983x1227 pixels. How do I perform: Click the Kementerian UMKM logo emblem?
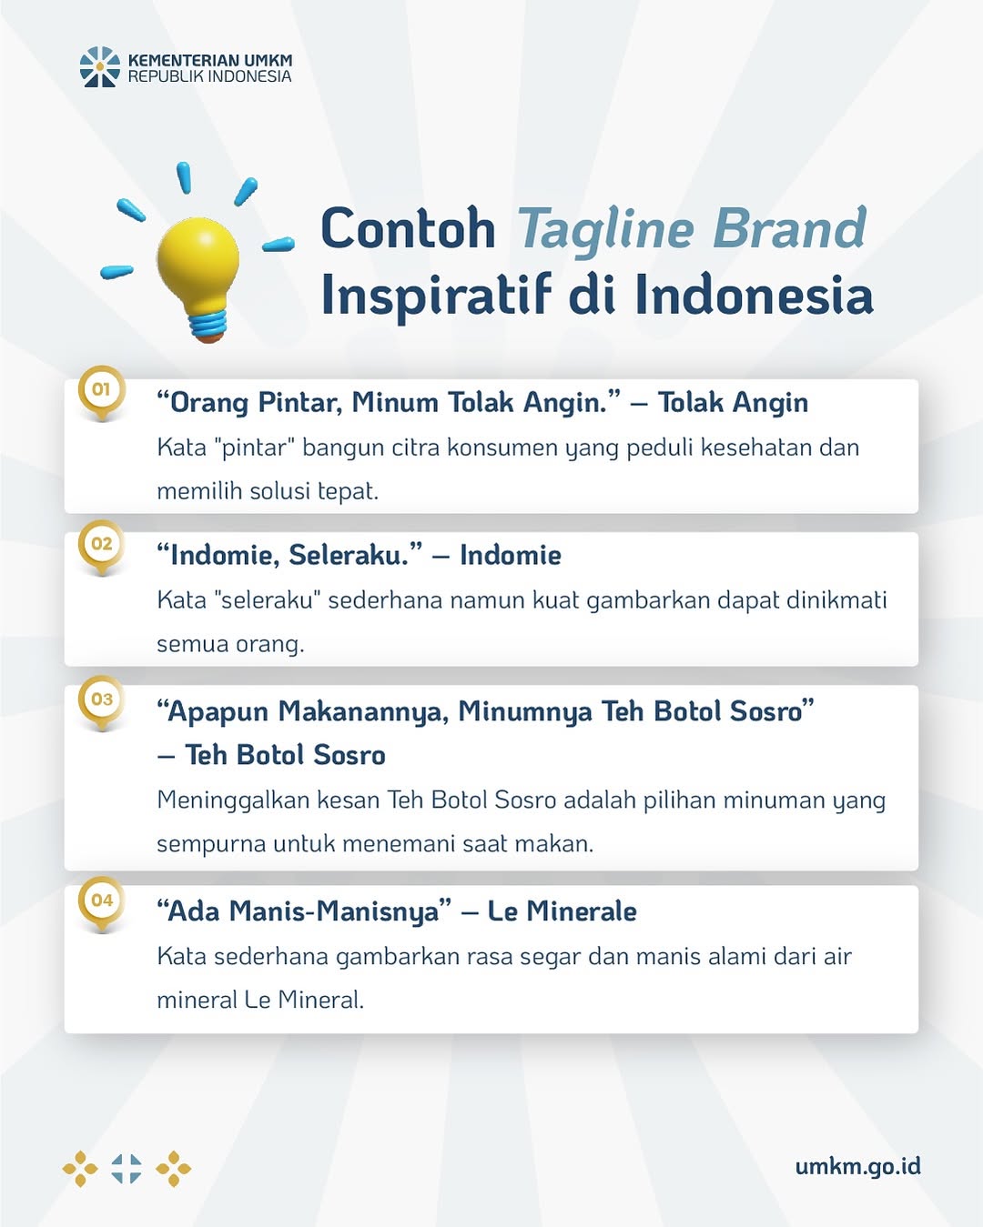point(100,66)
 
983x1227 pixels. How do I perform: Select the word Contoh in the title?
point(408,228)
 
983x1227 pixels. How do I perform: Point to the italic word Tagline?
point(605,230)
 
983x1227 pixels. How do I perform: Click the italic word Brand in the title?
point(790,227)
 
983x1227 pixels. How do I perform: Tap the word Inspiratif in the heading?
point(437,295)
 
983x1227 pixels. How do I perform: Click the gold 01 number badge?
point(102,392)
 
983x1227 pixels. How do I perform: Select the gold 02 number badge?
point(102,547)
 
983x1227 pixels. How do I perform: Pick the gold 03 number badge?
point(102,702)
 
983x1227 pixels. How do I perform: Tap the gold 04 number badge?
point(102,903)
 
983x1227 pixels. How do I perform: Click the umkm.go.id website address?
point(858,1166)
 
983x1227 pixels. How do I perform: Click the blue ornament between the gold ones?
point(127,1168)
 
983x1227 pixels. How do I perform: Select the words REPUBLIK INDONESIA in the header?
point(210,76)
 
